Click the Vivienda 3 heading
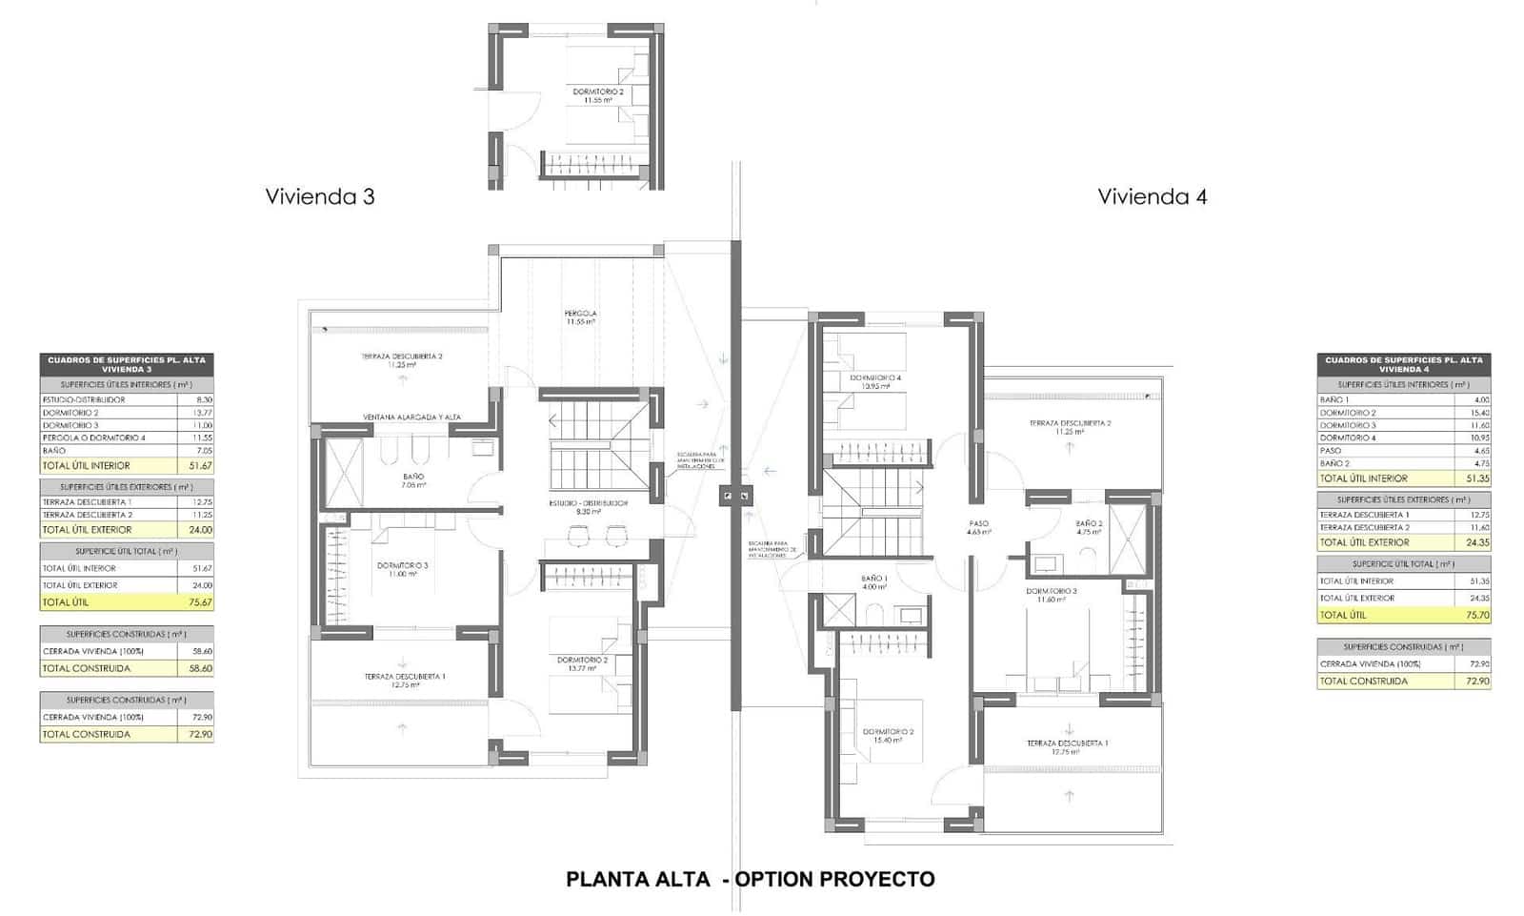coord(320,196)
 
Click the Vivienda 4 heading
coord(1152,196)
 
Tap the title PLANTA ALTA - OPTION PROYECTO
coord(750,879)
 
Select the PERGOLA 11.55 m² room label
coord(580,316)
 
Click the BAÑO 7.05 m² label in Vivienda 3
coord(413,479)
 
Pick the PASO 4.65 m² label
coord(978,527)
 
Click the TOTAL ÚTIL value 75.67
coord(196,602)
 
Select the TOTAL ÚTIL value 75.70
coord(1474,615)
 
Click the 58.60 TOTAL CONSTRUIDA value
coord(196,668)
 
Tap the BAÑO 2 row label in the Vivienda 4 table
coord(1334,463)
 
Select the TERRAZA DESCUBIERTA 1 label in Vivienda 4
coord(1067,746)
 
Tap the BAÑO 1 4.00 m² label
coord(873,581)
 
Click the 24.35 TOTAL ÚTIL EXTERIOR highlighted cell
coord(1474,541)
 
